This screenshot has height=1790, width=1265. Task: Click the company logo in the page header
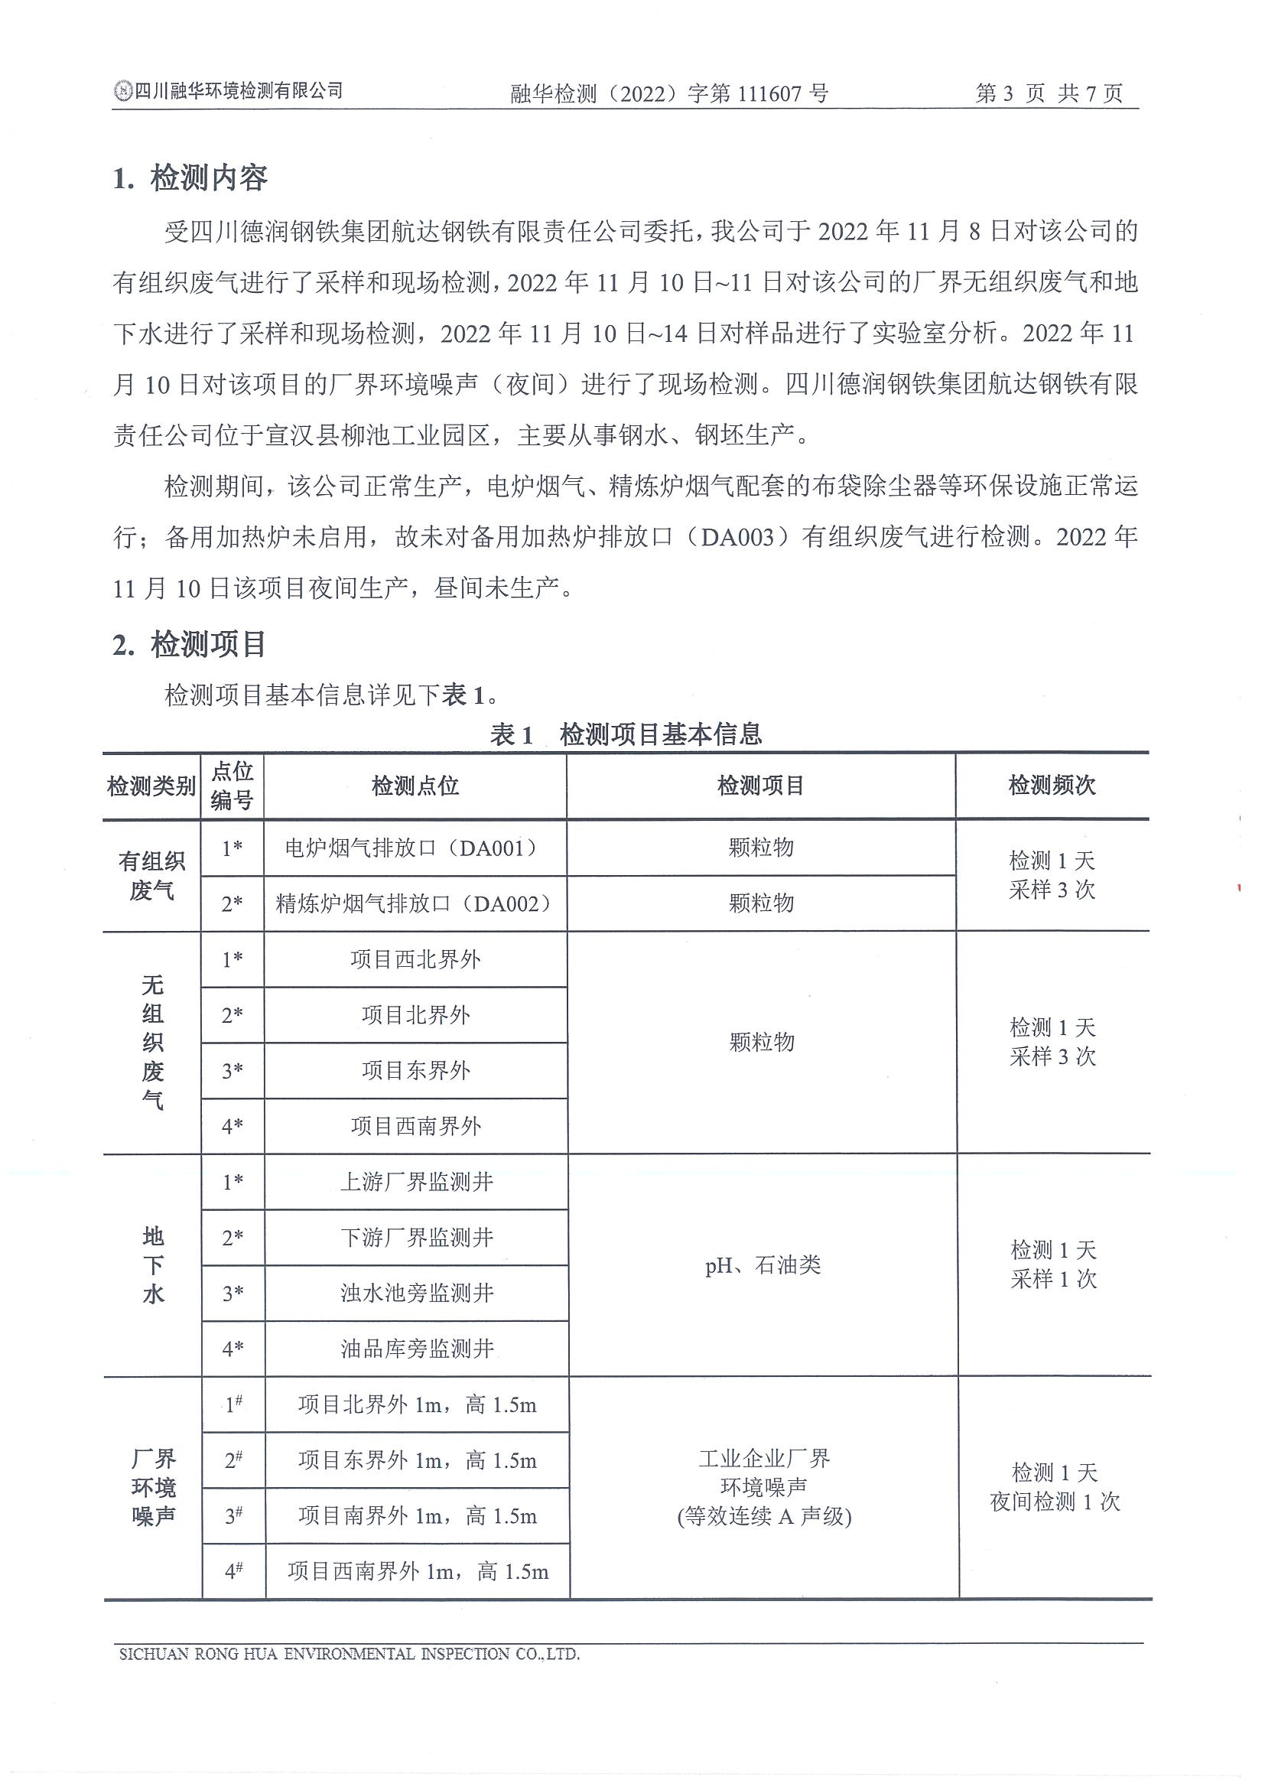point(122,92)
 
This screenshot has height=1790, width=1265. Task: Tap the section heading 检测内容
point(208,178)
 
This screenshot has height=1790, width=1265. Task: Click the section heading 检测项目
point(208,645)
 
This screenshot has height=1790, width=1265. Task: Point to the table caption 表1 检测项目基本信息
point(626,734)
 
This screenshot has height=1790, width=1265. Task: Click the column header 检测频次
point(1052,785)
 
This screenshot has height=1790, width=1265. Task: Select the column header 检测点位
point(415,786)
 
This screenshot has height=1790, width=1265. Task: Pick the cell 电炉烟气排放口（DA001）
point(414,848)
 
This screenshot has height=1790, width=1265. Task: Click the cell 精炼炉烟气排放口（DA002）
point(415,903)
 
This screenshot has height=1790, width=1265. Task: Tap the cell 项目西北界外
point(415,959)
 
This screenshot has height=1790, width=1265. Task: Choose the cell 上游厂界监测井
point(416,1182)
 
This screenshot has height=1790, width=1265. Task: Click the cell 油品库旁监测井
point(417,1349)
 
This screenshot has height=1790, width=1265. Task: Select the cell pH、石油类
point(763,1265)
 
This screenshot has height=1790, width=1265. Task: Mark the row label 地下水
point(153,1264)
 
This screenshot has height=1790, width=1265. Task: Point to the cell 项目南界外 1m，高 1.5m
point(417,1515)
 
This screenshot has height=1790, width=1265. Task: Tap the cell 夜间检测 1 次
point(1055,1502)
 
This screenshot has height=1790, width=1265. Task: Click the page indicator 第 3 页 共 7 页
point(1049,93)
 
